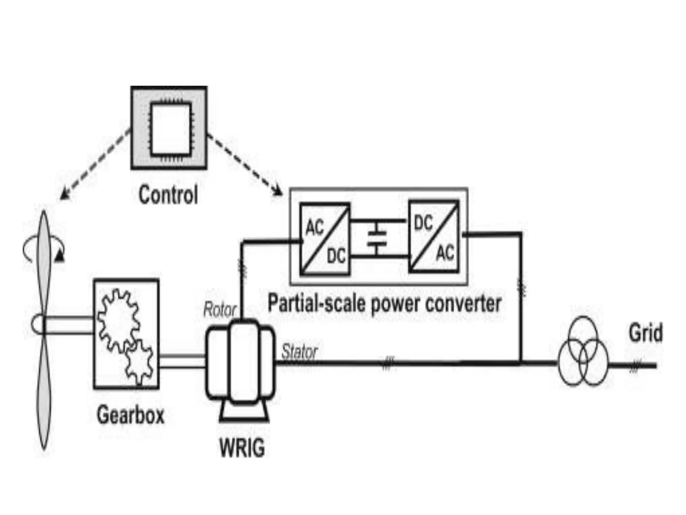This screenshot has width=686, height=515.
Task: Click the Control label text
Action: (x=168, y=195)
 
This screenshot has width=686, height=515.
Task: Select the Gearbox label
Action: (x=131, y=415)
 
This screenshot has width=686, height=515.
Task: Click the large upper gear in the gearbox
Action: (x=118, y=319)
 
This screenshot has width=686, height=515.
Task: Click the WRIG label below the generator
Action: (x=242, y=448)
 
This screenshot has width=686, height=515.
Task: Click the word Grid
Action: (x=645, y=333)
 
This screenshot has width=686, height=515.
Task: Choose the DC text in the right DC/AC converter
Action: (x=423, y=223)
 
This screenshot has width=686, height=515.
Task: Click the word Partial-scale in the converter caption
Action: (x=317, y=303)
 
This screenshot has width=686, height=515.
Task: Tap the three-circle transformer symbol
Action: (x=583, y=352)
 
